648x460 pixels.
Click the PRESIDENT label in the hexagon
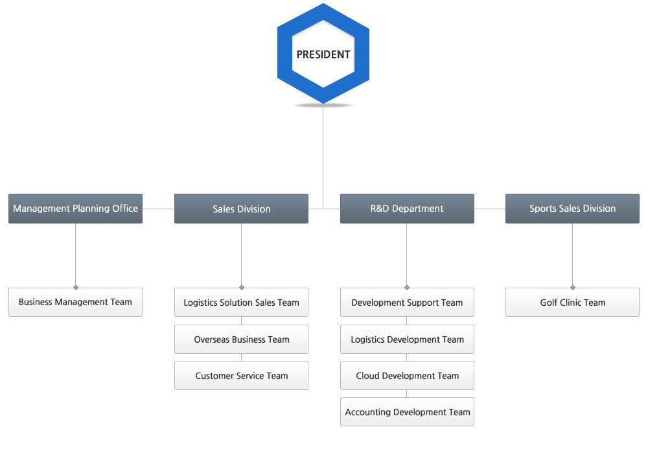(x=323, y=54)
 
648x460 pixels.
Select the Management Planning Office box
(x=76, y=209)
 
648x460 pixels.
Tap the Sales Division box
(x=241, y=209)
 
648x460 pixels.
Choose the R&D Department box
(x=407, y=209)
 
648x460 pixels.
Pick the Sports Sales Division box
(x=572, y=209)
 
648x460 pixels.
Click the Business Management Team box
(x=76, y=302)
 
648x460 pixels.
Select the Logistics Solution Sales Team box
(x=241, y=302)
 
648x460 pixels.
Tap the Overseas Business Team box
(x=241, y=339)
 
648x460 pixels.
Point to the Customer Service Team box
(x=241, y=375)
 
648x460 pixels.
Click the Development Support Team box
(x=407, y=302)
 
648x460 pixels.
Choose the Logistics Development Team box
(x=407, y=339)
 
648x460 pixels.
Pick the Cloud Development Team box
(x=407, y=375)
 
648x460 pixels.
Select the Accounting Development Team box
(x=407, y=411)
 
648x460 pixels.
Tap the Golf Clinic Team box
(x=572, y=302)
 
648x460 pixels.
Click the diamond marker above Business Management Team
(x=76, y=287)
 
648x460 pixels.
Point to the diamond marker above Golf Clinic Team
(x=572, y=287)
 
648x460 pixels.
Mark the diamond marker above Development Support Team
(x=407, y=287)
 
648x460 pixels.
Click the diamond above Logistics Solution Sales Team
(x=241, y=287)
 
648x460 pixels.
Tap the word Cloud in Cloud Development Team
(x=367, y=376)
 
